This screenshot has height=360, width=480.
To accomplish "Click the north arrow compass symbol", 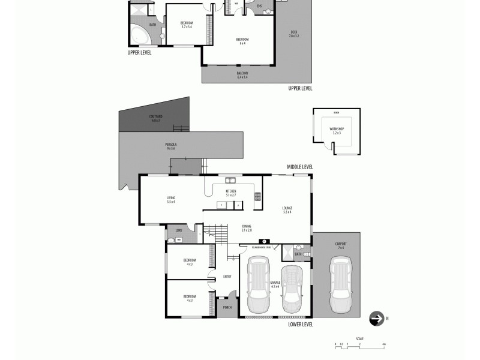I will (377, 319).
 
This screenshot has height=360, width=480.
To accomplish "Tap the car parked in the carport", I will (339, 285).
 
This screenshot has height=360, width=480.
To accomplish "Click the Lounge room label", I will (287, 209).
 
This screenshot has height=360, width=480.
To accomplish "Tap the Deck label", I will (293, 34).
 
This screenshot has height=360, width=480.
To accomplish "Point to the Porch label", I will (227, 308).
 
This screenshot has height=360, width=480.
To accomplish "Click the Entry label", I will (227, 277).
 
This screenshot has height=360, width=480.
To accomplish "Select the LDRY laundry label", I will (178, 230).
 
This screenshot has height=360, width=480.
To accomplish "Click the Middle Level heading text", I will (300, 167).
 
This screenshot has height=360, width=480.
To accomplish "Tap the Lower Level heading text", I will (300, 324).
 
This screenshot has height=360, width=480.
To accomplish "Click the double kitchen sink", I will (230, 179).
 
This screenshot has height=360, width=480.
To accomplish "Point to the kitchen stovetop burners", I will (258, 196).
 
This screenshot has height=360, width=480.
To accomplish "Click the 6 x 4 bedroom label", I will (242, 40).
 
